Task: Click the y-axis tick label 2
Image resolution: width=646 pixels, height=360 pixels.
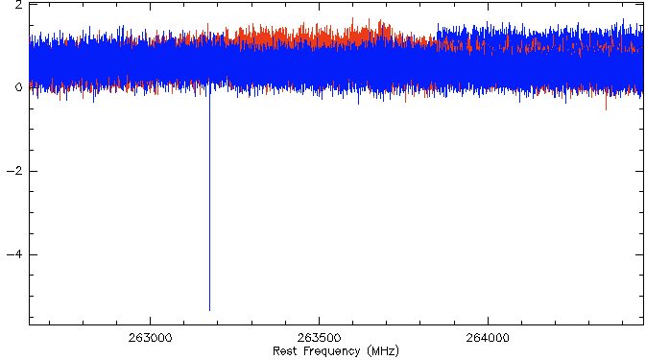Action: click(x=18, y=5)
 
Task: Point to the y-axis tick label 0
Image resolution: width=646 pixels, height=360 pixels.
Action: click(x=18, y=87)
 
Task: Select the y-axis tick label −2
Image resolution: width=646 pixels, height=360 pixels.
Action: click(x=14, y=171)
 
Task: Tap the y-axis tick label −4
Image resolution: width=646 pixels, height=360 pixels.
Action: click(x=14, y=254)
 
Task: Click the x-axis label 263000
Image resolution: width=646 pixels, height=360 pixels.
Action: click(x=150, y=338)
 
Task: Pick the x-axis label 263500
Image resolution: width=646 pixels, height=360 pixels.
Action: click(x=319, y=338)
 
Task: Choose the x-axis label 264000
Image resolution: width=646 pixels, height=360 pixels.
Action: click(x=488, y=338)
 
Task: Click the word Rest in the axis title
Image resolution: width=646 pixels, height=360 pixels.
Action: click(x=285, y=351)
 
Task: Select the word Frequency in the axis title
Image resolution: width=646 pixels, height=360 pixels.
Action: click(x=332, y=351)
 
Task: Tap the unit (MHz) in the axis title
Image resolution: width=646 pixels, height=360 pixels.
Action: click(x=383, y=351)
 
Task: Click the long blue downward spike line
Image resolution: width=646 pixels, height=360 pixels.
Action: click(x=209, y=198)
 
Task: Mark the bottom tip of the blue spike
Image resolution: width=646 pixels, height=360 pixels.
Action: click(x=209, y=311)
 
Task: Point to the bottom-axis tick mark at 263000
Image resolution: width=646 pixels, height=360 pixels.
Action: click(x=150, y=321)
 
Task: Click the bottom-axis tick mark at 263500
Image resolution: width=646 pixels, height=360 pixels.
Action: click(x=319, y=321)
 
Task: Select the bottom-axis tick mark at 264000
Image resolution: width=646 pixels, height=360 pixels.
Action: click(x=488, y=321)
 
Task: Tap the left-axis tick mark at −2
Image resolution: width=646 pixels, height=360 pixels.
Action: click(x=34, y=171)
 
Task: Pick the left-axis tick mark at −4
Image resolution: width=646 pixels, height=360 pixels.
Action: click(x=34, y=254)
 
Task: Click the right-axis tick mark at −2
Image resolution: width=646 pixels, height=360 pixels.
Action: click(x=639, y=171)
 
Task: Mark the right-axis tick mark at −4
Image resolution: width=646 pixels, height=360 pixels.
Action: click(x=639, y=254)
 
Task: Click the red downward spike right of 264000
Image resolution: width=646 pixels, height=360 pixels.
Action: click(x=606, y=102)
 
